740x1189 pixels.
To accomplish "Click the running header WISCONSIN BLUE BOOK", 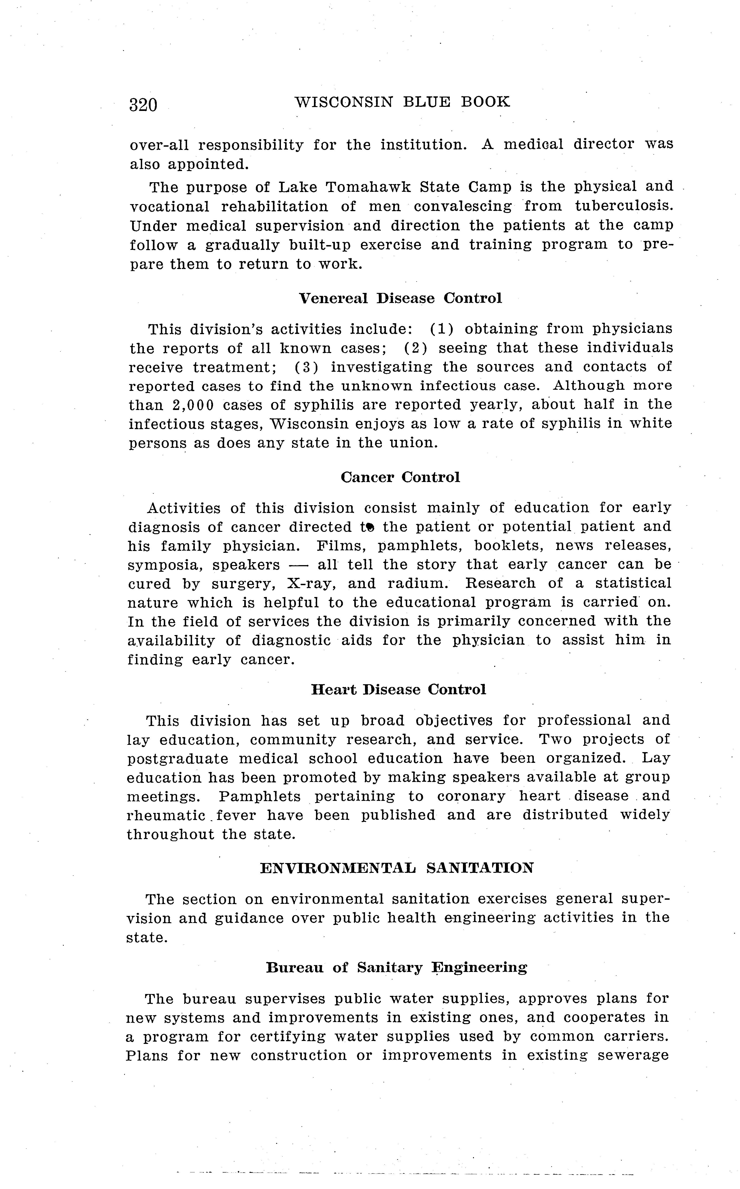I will (x=402, y=102).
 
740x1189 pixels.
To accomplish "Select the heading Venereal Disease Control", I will (x=400, y=298).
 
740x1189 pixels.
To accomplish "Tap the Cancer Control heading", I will (x=400, y=477).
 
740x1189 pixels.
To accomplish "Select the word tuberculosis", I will (x=624, y=206).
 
